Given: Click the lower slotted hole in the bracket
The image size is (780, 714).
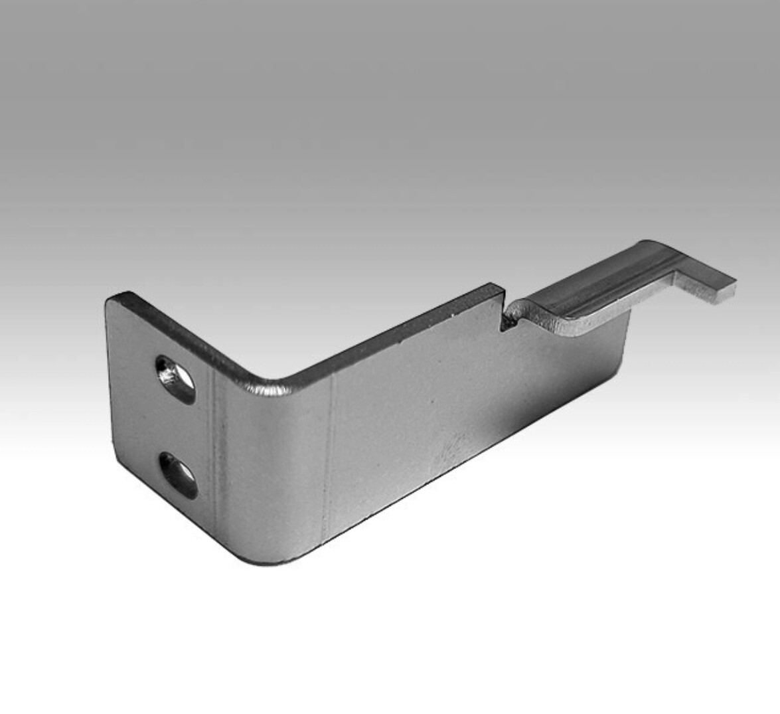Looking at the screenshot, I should click(179, 475).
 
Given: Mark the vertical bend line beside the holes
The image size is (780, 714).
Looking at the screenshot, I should click(213, 452).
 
